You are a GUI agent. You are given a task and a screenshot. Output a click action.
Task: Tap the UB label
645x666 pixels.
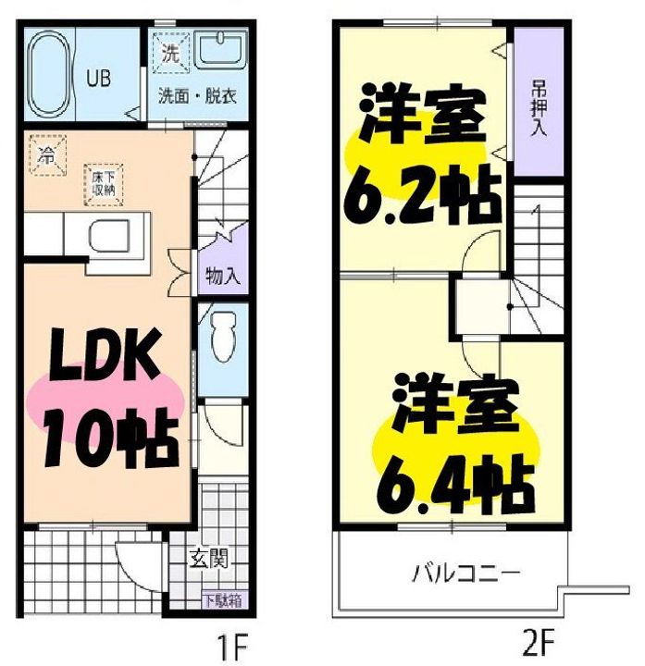tap(99, 79)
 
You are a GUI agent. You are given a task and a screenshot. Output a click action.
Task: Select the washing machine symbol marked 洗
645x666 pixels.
tap(171, 53)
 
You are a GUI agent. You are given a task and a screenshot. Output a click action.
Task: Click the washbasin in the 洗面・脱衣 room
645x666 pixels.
tap(220, 49)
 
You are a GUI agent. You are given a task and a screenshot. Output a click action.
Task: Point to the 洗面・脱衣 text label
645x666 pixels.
tap(197, 96)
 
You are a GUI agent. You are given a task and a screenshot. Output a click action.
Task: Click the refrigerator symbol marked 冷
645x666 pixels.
tap(47, 155)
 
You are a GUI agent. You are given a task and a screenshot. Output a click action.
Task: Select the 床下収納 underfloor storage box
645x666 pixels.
tap(104, 184)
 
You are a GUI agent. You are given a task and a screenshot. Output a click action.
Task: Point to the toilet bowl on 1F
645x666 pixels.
tap(223, 337)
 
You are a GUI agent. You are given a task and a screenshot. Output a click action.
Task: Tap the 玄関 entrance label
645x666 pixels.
tap(208, 559)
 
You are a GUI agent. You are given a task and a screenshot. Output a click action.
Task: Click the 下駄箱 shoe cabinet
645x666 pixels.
tap(223, 601)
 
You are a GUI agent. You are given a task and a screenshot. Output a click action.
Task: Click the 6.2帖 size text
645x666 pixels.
tap(422, 195)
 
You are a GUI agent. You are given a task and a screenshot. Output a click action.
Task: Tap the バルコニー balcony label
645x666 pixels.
tap(465, 573)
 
